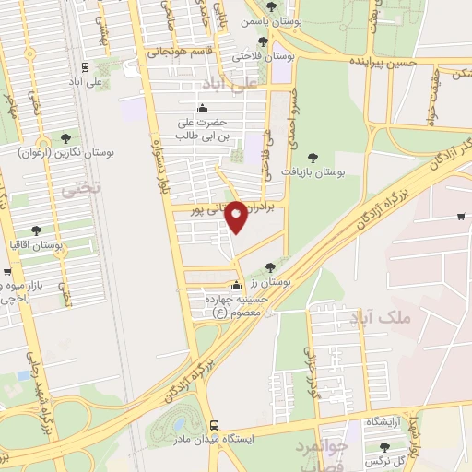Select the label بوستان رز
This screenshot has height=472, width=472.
(272, 283)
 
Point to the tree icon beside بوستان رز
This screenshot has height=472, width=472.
(269, 267)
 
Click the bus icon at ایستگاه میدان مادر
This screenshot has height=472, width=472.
(214, 425)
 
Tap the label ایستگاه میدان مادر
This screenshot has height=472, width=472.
(214, 440)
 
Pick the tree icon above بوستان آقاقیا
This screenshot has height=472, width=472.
(36, 230)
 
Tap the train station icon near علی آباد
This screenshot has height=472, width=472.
(85, 66)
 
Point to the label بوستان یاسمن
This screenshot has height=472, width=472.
(268, 20)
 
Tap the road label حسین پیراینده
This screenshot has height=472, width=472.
(383, 60)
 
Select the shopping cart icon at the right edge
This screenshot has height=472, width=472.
(460, 218)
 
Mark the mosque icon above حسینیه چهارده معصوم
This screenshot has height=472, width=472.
(238, 284)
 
